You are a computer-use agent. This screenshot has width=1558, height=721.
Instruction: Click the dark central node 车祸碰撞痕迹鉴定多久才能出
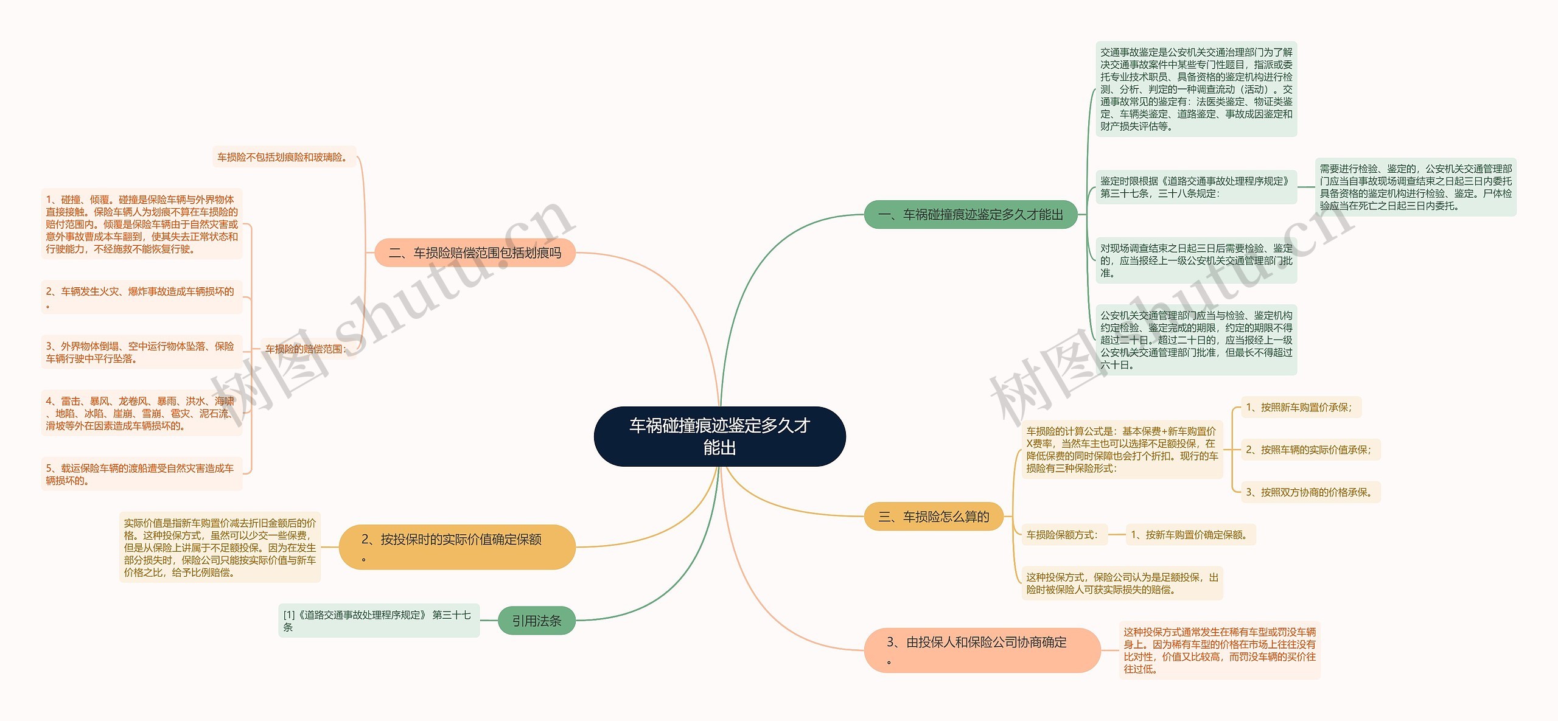(719, 436)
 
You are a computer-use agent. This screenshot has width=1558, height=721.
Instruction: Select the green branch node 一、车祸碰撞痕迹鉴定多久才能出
(971, 215)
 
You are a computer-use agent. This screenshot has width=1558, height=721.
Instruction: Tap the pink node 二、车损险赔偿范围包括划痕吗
(475, 253)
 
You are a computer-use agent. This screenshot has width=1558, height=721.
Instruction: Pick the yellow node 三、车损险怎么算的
(934, 517)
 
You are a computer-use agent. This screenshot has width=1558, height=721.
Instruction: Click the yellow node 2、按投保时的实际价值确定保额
(456, 546)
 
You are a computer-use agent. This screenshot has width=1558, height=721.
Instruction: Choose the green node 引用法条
(536, 621)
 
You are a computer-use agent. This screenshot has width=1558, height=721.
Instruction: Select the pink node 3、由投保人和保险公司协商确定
(982, 650)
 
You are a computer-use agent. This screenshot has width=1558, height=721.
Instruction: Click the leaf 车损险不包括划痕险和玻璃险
(284, 157)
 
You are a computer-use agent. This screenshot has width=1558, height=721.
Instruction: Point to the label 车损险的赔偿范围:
(306, 349)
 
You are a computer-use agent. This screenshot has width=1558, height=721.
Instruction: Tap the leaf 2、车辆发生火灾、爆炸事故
(141, 297)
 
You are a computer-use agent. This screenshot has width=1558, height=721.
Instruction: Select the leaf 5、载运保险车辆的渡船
(141, 474)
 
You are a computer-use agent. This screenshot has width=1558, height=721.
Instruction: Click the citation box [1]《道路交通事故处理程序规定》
(379, 620)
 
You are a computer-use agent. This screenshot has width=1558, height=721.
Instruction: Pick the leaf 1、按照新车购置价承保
(1300, 407)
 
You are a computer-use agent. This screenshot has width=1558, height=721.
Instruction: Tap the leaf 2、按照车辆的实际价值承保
(1310, 450)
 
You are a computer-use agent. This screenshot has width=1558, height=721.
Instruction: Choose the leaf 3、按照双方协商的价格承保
(1310, 492)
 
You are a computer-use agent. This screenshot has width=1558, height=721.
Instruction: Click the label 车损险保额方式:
(1063, 535)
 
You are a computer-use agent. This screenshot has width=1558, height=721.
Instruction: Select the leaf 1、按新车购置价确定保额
(1190, 535)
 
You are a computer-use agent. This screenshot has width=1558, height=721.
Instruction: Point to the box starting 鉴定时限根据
(1195, 187)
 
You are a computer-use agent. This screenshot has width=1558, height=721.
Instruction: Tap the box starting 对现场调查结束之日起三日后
(1195, 260)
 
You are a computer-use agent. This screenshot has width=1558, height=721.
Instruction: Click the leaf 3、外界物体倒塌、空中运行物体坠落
(141, 352)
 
